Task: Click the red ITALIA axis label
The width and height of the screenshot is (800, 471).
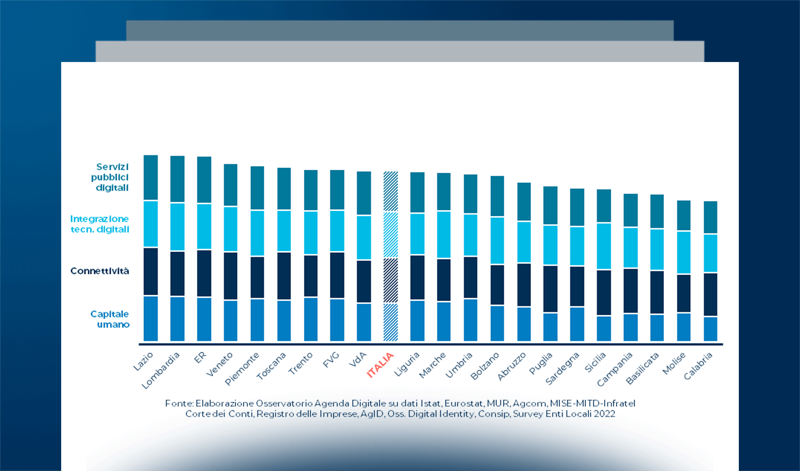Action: pyautogui.click(x=380, y=365)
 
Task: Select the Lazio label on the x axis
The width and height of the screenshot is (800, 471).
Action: pyautogui.click(x=143, y=361)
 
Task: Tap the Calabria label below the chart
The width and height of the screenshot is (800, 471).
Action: pyautogui.click(x=698, y=366)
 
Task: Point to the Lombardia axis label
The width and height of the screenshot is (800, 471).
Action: pyautogui.click(x=160, y=370)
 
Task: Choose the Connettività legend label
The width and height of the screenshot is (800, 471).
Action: pyautogui.click(x=100, y=271)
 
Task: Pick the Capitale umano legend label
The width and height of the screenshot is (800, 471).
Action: pyautogui.click(x=110, y=319)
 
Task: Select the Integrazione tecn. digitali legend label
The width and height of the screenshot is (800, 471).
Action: pyautogui.click(x=100, y=224)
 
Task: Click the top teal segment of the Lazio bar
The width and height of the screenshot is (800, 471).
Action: pyautogui.click(x=151, y=177)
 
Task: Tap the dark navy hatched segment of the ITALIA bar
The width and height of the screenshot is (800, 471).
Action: pyautogui.click(x=391, y=280)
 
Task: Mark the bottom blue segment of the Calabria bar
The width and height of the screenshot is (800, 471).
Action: pyautogui.click(x=710, y=329)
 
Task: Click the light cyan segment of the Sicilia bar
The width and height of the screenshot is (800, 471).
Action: pyautogui.click(x=604, y=246)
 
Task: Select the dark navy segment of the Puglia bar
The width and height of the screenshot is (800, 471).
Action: pyautogui.click(x=550, y=289)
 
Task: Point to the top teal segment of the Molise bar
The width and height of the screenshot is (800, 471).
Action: pyautogui.click(x=684, y=215)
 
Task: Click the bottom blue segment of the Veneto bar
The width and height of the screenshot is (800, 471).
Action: pyautogui.click(x=231, y=321)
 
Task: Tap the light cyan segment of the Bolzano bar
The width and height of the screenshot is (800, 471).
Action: pyautogui.click(x=497, y=240)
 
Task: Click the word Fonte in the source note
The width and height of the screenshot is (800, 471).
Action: pyautogui.click(x=179, y=403)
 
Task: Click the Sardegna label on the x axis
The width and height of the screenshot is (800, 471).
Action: pyautogui.click(x=562, y=368)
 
